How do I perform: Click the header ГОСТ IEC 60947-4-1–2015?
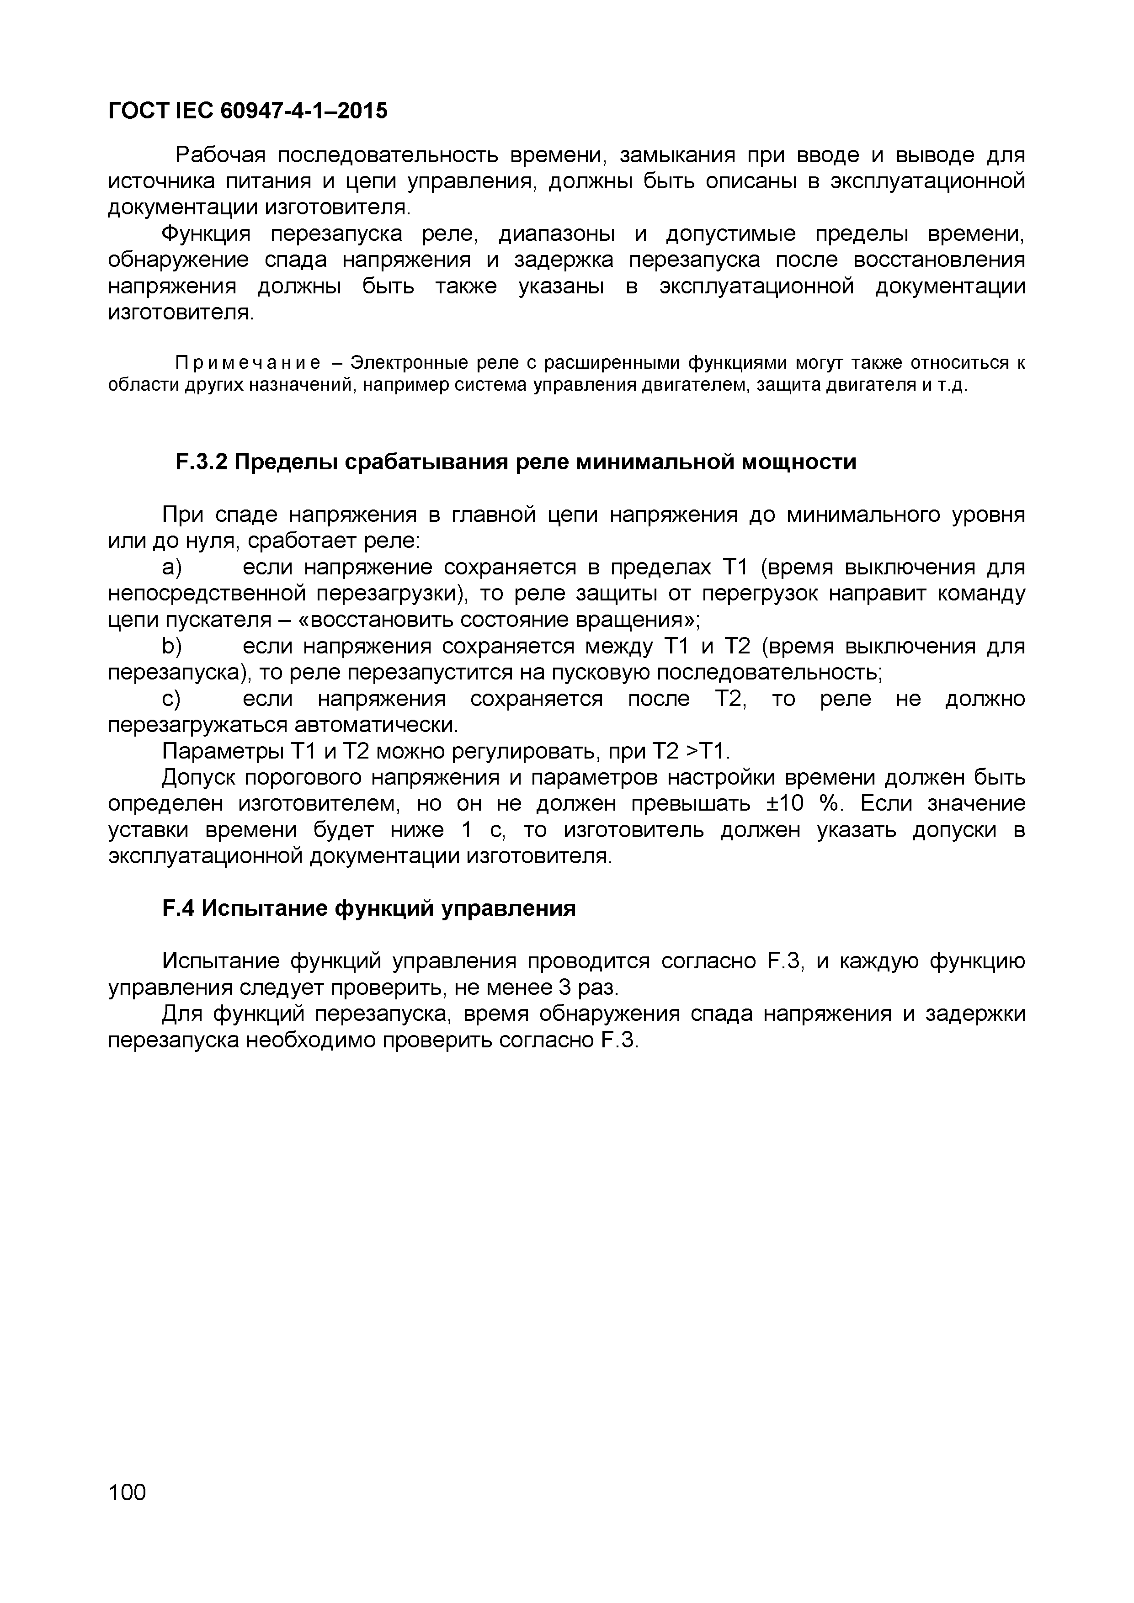point(247,110)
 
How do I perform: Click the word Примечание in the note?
point(247,363)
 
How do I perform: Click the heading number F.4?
point(179,908)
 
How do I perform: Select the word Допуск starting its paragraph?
point(199,778)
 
